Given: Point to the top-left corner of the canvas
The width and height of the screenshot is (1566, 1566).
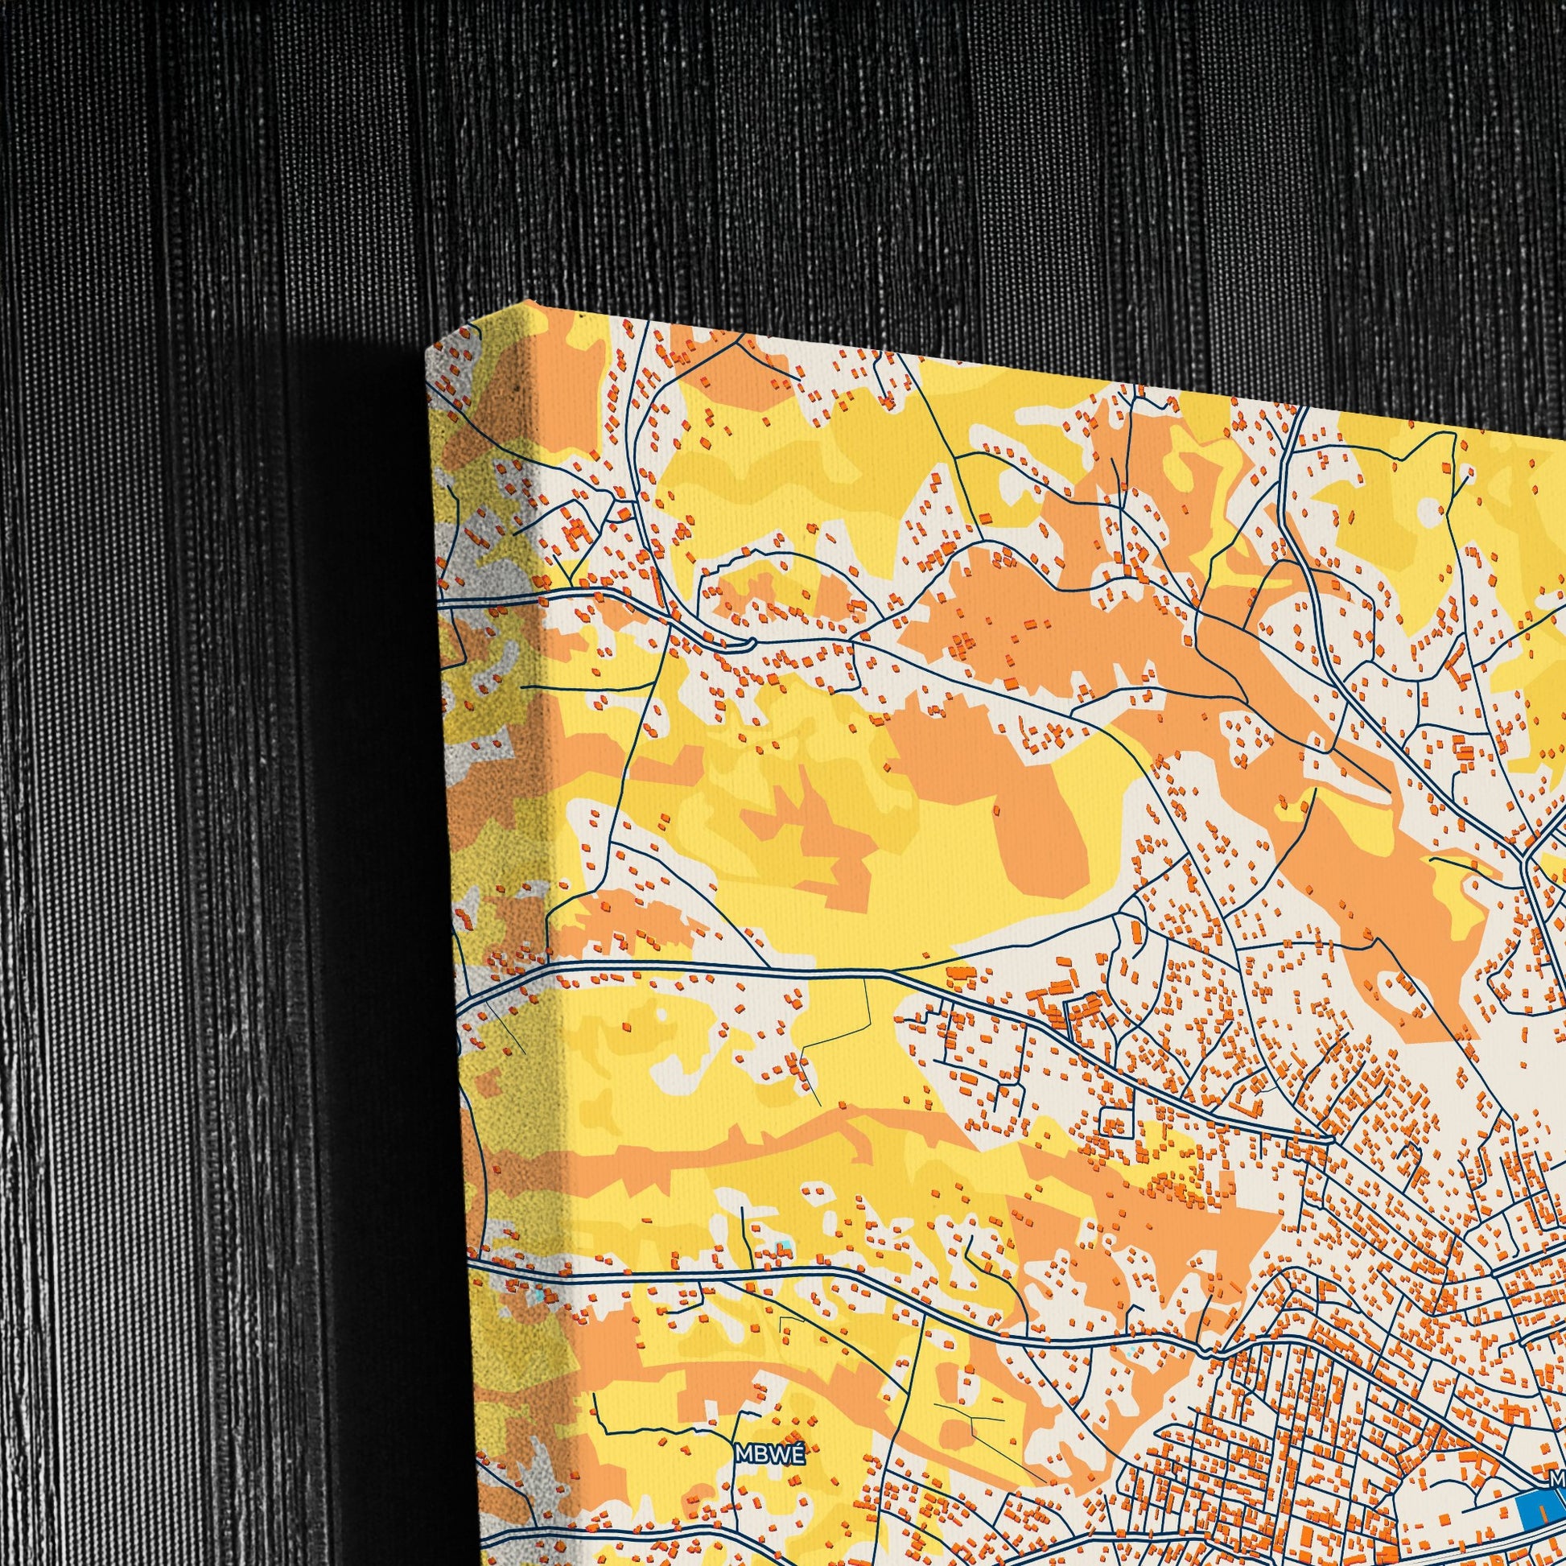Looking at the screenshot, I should click(x=428, y=352).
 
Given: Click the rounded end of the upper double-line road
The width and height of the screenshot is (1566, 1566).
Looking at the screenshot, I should click(x=752, y=644).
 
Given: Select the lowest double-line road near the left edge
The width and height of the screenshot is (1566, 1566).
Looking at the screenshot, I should click(x=519, y=1268).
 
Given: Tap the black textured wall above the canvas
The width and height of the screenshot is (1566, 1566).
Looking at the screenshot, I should click(x=810, y=162).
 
